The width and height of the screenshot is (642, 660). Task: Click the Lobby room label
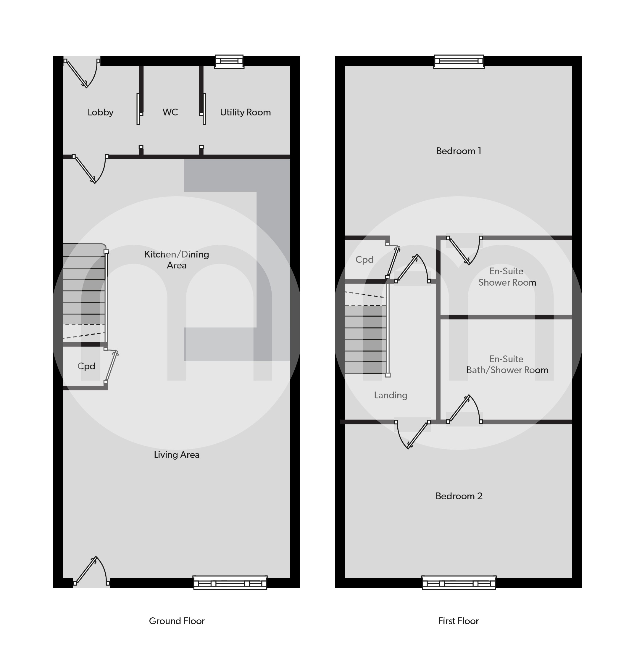pos(101,112)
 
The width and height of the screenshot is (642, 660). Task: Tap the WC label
pos(170,112)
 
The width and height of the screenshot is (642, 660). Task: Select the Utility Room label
pos(246,112)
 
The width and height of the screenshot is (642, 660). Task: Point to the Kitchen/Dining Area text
pos(177,260)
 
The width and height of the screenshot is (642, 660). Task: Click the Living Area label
pos(177,455)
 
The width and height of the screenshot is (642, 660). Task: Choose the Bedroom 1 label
pos(459,151)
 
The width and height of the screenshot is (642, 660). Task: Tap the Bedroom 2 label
pos(459,496)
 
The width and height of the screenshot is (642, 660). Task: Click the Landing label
pos(391,395)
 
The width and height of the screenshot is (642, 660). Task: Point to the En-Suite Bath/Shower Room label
pos(507,365)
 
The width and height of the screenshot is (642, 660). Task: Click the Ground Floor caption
pos(177,621)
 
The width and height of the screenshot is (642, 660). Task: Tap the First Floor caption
pos(459,621)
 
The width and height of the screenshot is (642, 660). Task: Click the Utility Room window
pos(229,61)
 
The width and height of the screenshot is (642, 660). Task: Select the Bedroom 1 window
pos(459,61)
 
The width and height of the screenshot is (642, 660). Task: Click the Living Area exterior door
pos(91,572)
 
